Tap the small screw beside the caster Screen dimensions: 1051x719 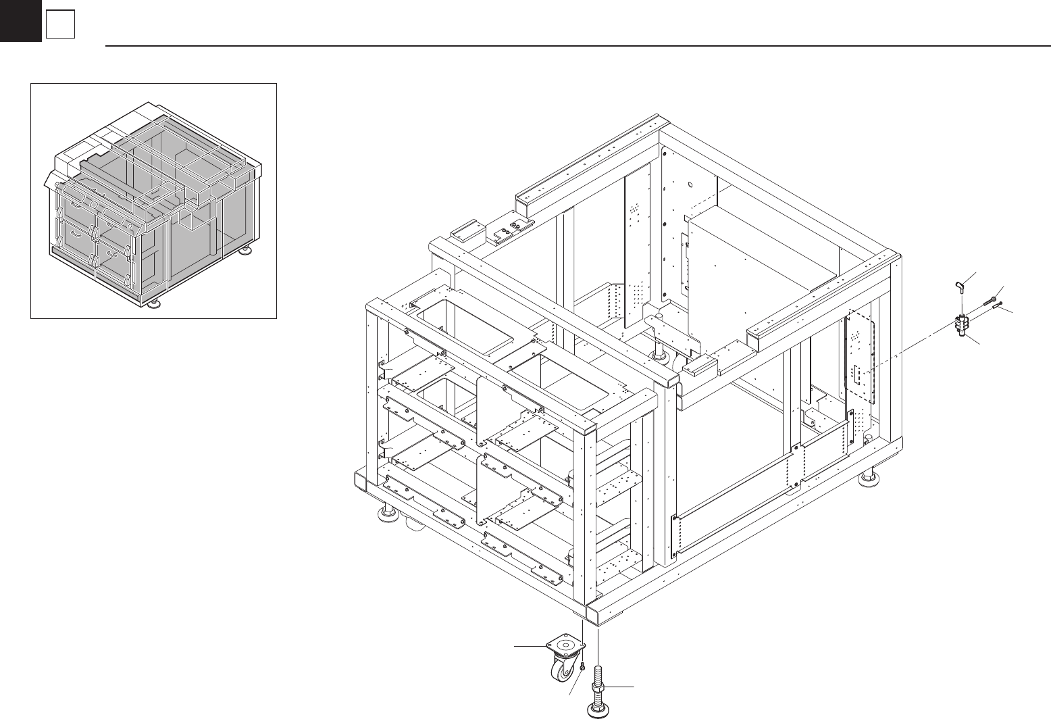[x=582, y=667]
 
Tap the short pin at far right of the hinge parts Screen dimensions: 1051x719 [x=998, y=306]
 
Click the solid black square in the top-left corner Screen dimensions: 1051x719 [x=20, y=22]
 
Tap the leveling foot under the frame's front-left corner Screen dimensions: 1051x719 [x=387, y=516]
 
